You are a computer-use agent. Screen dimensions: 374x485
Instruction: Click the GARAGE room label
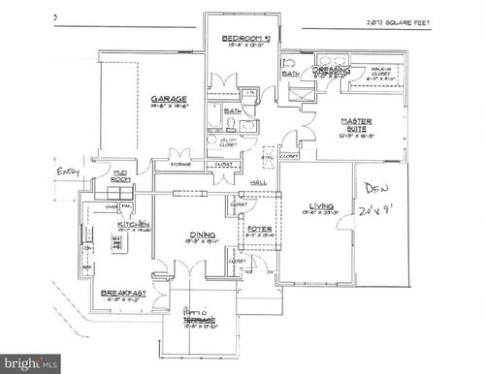point(168,99)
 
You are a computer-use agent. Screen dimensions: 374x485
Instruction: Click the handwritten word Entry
point(66,173)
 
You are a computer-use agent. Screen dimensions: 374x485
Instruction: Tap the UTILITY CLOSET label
point(228,142)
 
